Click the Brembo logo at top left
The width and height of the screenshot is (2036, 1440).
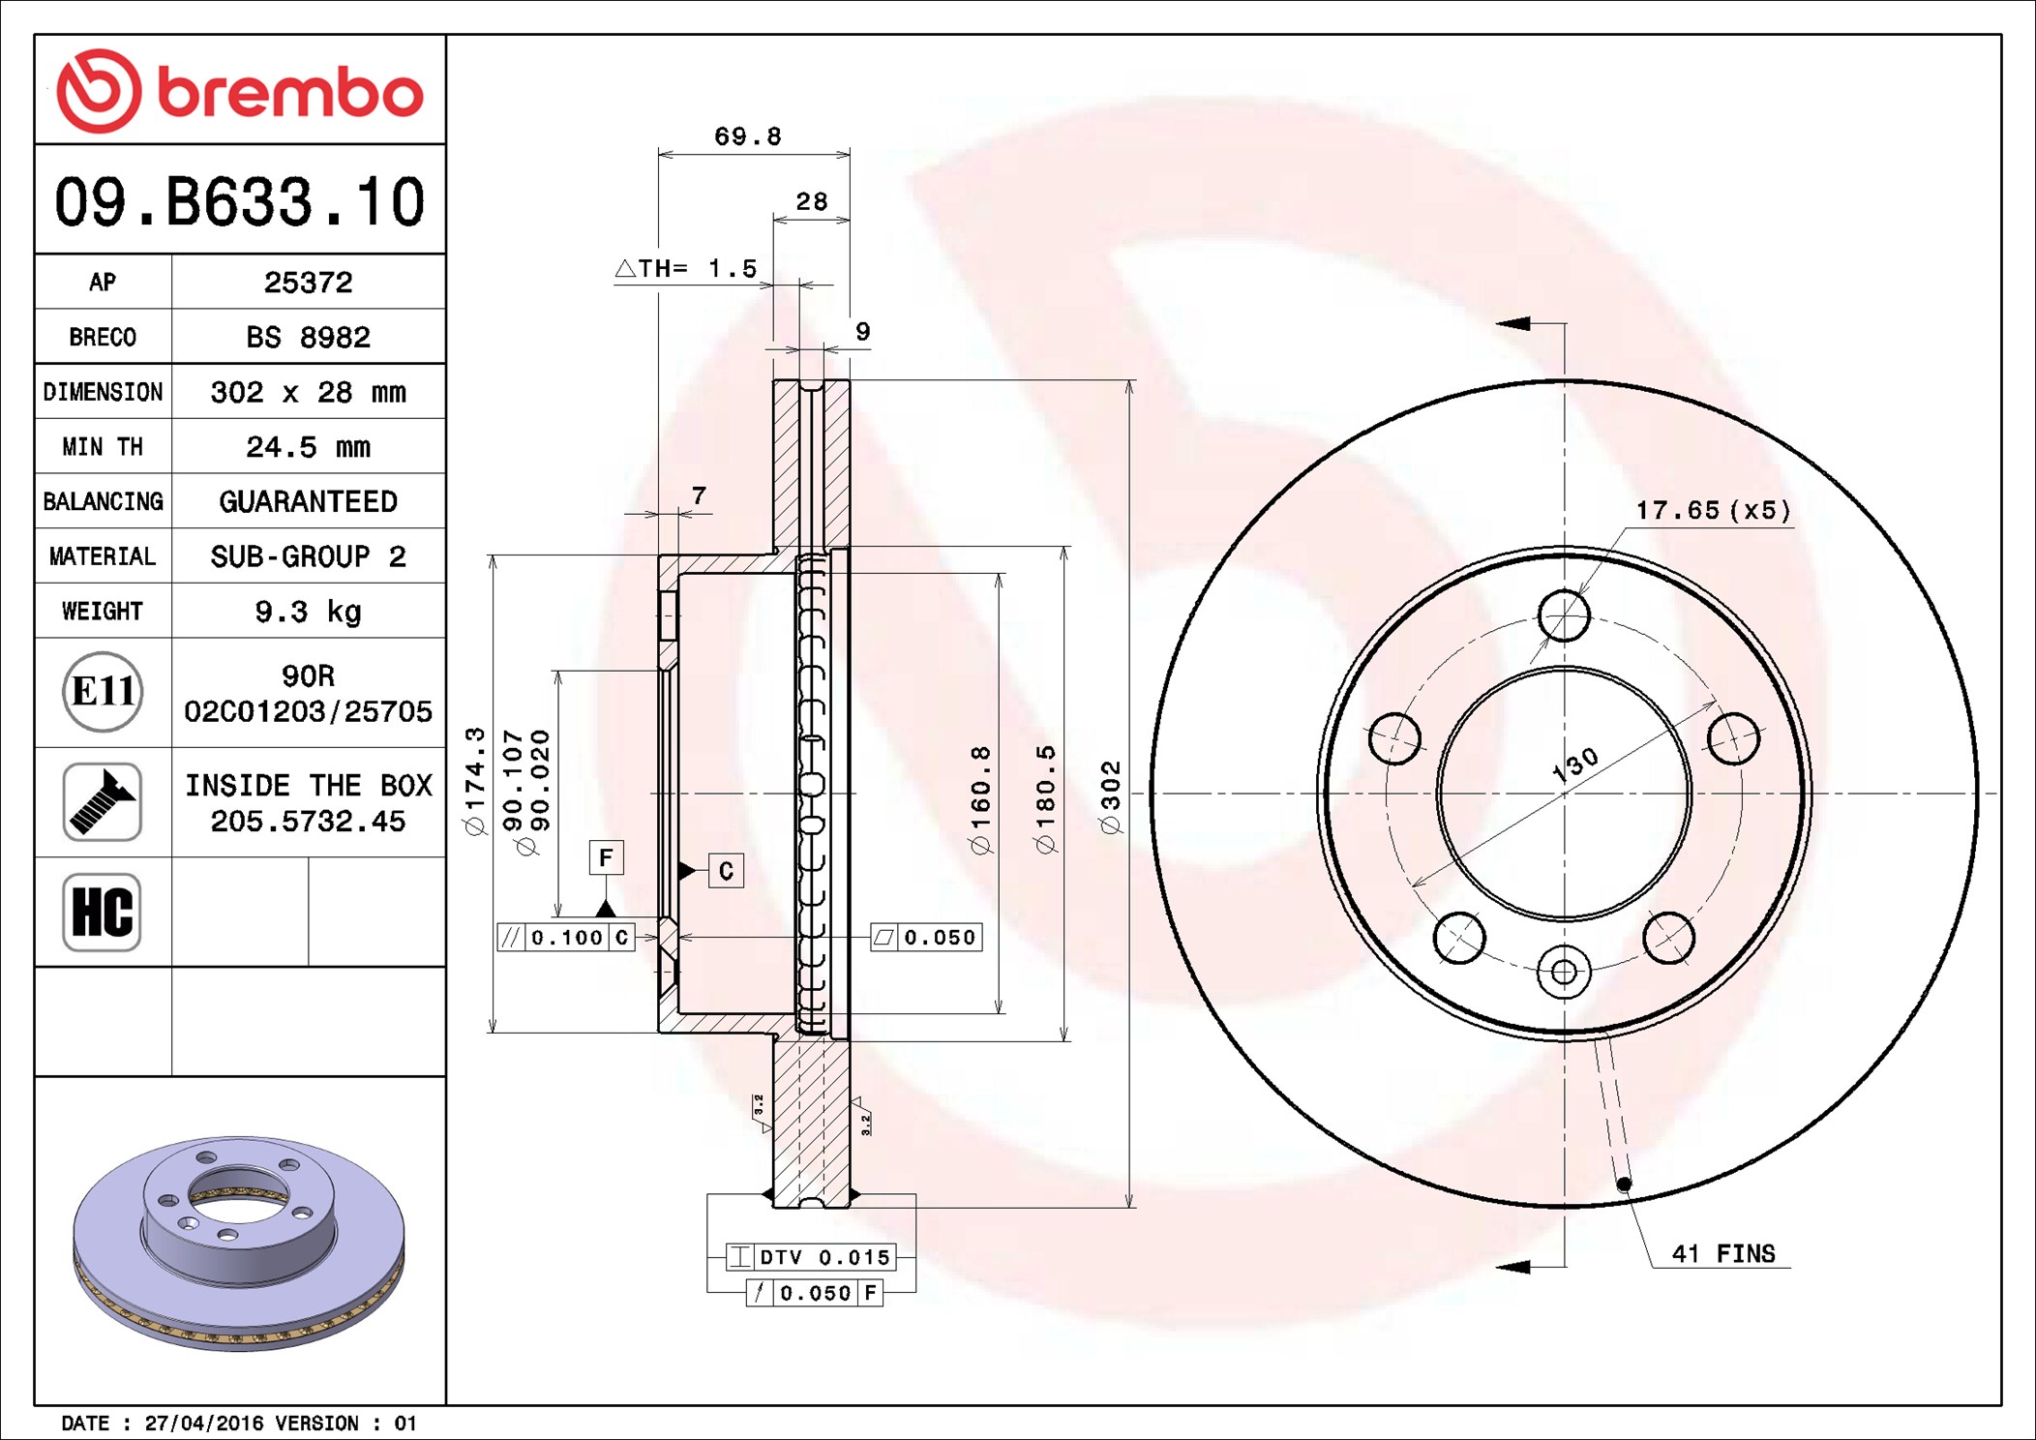tap(239, 91)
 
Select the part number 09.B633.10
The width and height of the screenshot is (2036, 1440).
tap(239, 202)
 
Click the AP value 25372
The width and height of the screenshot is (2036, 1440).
tap(308, 283)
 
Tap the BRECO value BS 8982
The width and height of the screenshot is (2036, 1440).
tap(308, 337)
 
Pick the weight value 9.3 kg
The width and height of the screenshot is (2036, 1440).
tap(308, 612)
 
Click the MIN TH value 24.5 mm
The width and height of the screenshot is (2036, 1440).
tap(308, 447)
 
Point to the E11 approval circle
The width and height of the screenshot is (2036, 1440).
tap(103, 692)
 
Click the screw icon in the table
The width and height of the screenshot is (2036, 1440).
tap(103, 801)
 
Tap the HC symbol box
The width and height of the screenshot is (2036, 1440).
tap(102, 912)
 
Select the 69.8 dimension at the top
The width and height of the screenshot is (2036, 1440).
tap(747, 136)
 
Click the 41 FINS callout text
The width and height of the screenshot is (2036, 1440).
tap(1723, 1254)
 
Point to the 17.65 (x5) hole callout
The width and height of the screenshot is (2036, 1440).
tap(1713, 510)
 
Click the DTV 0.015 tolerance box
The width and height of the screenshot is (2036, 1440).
tap(811, 1257)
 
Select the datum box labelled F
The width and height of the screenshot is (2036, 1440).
tap(606, 857)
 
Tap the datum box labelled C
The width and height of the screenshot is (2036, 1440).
tap(726, 871)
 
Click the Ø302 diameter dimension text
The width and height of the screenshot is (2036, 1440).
tap(1111, 796)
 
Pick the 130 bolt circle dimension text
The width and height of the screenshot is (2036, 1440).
tap(1574, 765)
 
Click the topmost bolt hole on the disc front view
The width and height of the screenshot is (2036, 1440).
tap(1564, 615)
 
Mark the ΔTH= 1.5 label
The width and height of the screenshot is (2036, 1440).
tap(686, 268)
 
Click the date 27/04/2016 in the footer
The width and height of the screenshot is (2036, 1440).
tap(203, 1424)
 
